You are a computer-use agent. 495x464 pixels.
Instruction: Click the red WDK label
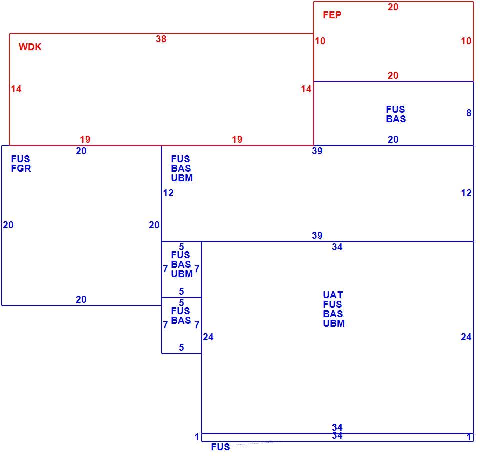(x=30, y=47)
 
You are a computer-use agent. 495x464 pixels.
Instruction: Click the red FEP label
(x=332, y=15)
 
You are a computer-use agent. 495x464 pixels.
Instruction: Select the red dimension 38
(x=161, y=39)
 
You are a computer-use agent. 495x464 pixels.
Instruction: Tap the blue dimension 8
(x=469, y=113)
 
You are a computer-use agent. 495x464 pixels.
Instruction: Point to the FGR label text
(x=21, y=168)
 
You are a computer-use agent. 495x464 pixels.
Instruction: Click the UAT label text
(x=333, y=295)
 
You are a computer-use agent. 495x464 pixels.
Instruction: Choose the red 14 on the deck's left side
(x=16, y=89)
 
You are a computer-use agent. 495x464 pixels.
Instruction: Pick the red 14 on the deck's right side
(x=306, y=89)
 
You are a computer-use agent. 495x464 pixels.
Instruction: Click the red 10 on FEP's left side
(x=320, y=41)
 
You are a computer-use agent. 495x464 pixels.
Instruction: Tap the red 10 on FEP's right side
(x=466, y=41)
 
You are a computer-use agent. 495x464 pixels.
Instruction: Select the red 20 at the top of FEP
(x=393, y=7)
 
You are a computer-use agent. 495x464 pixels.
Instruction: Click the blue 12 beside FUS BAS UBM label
(x=168, y=193)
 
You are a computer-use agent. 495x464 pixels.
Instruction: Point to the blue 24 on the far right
(x=466, y=337)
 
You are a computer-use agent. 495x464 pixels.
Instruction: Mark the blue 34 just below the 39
(x=337, y=247)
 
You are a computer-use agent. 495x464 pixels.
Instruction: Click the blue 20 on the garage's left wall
(x=8, y=225)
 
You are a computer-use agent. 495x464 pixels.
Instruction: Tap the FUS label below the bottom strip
(x=220, y=447)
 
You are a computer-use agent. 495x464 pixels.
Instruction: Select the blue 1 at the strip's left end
(x=197, y=437)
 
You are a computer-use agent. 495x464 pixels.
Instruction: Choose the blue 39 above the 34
(x=317, y=235)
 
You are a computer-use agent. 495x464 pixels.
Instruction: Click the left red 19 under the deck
(x=85, y=139)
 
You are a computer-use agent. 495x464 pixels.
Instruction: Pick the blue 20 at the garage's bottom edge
(x=81, y=299)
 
